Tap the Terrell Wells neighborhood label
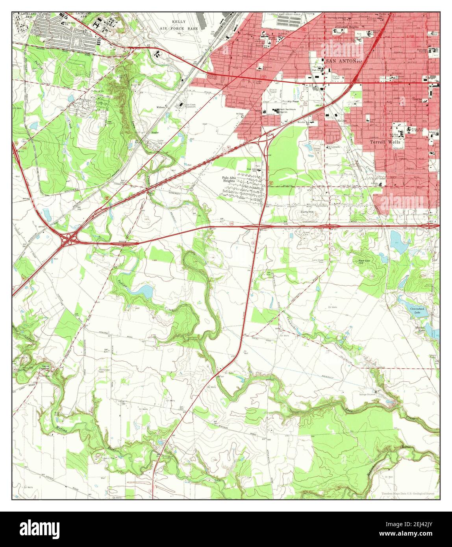coord(385,142)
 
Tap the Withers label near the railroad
coord(161,107)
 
